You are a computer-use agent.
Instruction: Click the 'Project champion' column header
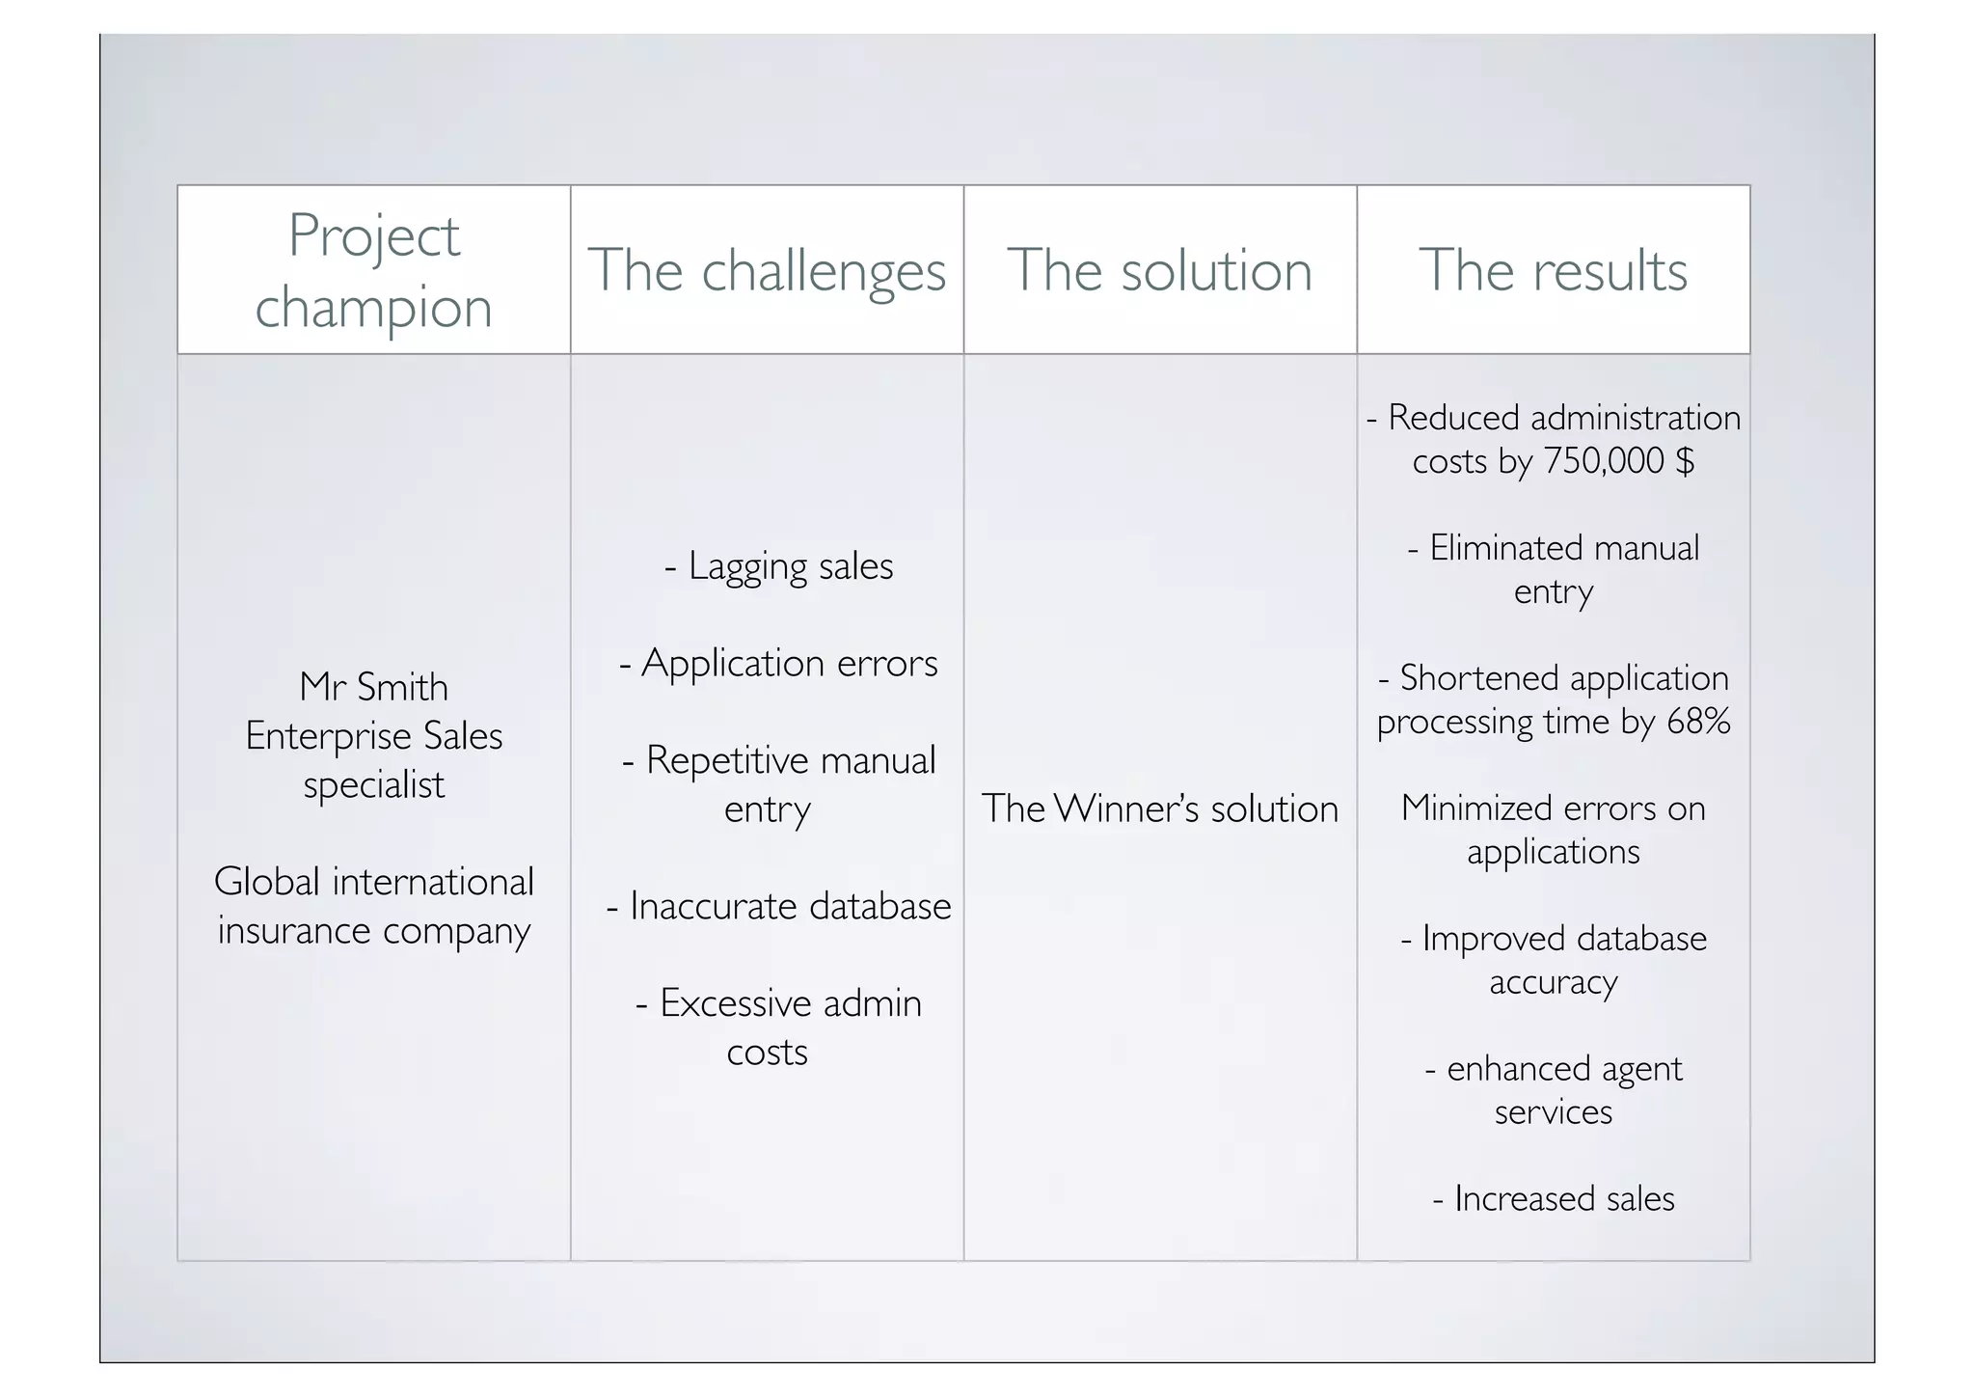(373, 271)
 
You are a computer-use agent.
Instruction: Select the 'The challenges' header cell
(767, 271)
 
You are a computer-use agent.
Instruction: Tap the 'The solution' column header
(1159, 271)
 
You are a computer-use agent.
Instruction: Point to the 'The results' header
(1553, 271)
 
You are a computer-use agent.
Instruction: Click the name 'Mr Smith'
(373, 687)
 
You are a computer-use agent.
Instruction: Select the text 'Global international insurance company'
(373, 906)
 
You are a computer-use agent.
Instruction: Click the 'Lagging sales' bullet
(779, 566)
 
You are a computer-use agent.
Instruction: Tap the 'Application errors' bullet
(778, 664)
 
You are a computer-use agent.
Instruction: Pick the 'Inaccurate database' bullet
(779, 906)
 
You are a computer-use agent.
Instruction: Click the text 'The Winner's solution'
(1159, 808)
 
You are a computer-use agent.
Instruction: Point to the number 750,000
(1604, 461)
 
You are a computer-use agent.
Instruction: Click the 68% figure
(1698, 722)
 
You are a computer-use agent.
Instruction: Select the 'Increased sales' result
(1554, 1198)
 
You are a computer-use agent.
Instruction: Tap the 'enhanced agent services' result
(1554, 1089)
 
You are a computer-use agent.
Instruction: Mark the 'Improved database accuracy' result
(1554, 959)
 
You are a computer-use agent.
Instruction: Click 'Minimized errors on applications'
(1554, 830)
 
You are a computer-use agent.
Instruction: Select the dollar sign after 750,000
(1685, 461)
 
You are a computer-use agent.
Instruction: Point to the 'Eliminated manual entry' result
(1554, 569)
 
